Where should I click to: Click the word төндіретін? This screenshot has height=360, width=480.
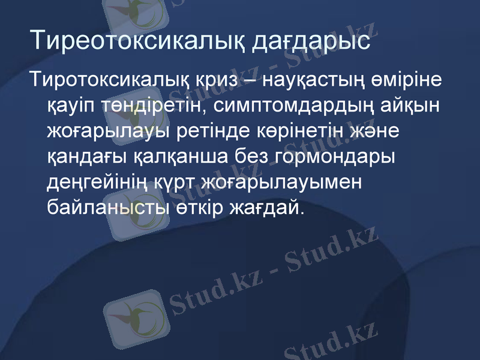pyautogui.click(x=150, y=106)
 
